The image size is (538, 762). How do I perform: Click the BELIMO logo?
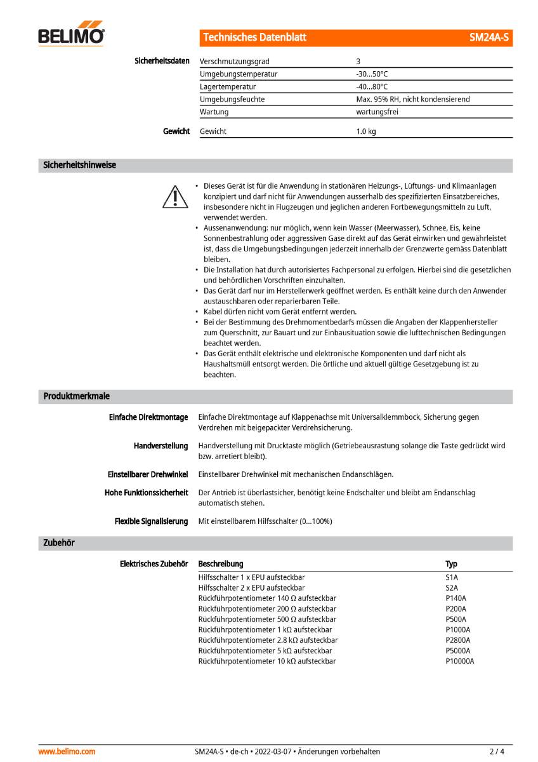click(x=71, y=36)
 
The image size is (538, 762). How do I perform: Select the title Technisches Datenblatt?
click(x=255, y=37)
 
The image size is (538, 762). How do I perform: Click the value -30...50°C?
click(x=372, y=74)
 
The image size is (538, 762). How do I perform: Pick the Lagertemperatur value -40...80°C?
click(x=372, y=86)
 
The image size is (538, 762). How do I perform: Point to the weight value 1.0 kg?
click(x=366, y=131)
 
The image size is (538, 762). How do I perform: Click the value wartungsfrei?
click(x=377, y=112)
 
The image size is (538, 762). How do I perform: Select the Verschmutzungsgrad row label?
click(x=234, y=62)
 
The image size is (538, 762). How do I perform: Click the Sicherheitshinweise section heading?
click(x=79, y=165)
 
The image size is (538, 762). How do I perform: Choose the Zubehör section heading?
click(x=59, y=543)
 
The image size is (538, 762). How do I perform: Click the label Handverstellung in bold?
click(x=161, y=446)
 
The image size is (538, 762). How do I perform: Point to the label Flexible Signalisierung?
click(x=151, y=521)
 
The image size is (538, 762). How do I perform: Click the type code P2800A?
click(x=458, y=640)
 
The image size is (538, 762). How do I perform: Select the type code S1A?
click(x=452, y=577)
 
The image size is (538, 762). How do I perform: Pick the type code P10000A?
click(x=460, y=661)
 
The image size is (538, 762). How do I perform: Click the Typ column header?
click(x=451, y=564)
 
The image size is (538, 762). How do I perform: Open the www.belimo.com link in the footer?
click(x=67, y=751)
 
